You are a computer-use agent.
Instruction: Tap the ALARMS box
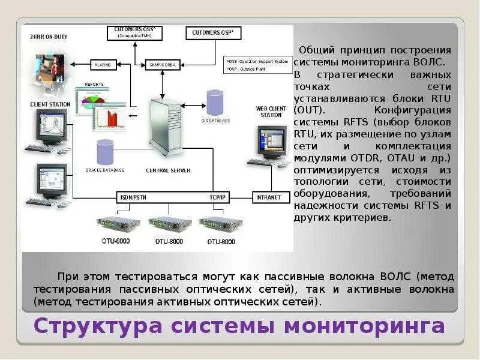[106, 64]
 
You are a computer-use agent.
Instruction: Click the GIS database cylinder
[215, 103]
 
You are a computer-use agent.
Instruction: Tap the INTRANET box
[268, 197]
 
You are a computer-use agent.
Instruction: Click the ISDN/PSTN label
[134, 196]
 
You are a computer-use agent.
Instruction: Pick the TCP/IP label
[217, 196]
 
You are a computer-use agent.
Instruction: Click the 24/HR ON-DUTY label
[49, 37]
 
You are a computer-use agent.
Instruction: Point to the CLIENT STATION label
[50, 104]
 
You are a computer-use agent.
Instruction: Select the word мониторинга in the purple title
[365, 326]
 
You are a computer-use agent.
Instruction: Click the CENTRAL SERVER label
[168, 170]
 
